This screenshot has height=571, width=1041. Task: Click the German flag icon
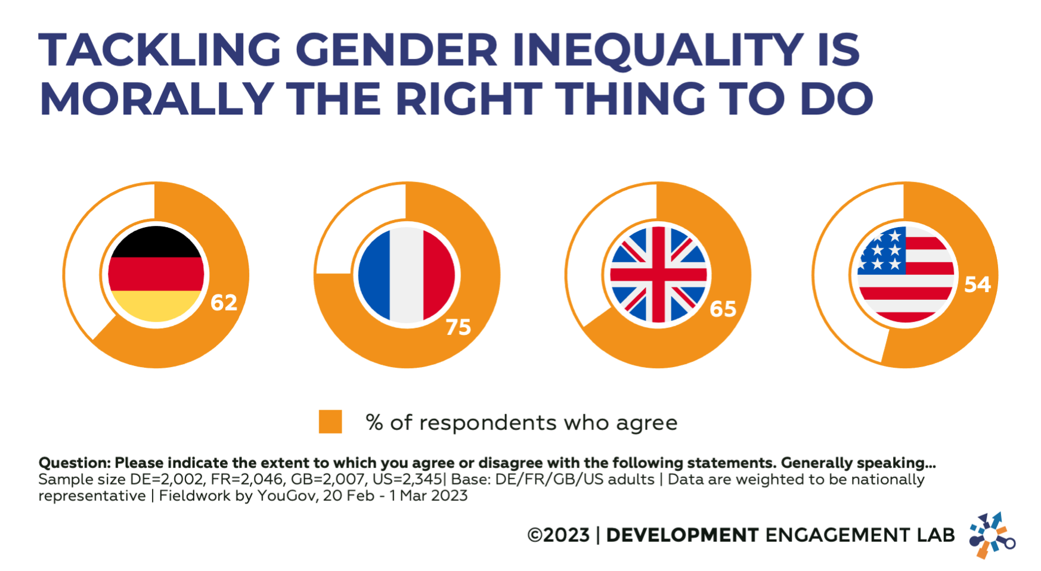pyautogui.click(x=156, y=274)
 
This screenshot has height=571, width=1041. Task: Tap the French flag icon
pyautogui.click(x=407, y=275)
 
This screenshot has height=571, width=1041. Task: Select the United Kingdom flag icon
pyautogui.click(x=658, y=275)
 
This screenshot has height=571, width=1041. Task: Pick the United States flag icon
pyautogui.click(x=905, y=275)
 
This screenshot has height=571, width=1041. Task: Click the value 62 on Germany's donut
pyautogui.click(x=224, y=303)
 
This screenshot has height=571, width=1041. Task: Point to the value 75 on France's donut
pyautogui.click(x=458, y=327)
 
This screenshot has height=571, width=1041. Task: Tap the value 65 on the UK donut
pyautogui.click(x=723, y=309)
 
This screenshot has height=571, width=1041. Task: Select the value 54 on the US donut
pyautogui.click(x=977, y=284)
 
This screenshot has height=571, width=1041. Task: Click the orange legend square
pyautogui.click(x=330, y=421)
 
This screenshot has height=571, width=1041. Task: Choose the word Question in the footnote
pyautogui.click(x=74, y=463)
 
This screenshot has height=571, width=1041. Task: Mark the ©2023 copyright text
pyautogui.click(x=558, y=535)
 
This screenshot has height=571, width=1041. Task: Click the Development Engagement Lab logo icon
pyautogui.click(x=991, y=535)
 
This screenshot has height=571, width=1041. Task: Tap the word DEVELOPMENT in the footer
pyautogui.click(x=682, y=535)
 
